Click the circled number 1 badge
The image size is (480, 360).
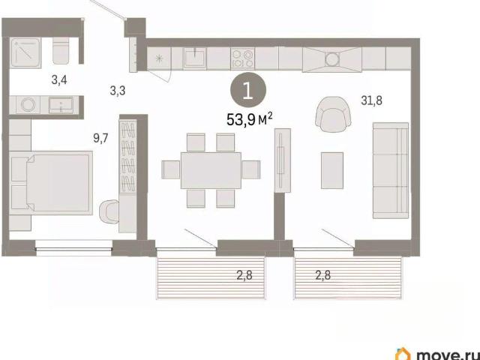(x=248, y=91)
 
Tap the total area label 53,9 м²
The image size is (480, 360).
(x=250, y=119)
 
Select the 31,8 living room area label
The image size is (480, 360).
(x=371, y=100)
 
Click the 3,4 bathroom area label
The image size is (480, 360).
(x=59, y=80)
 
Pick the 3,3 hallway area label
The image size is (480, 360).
(x=118, y=91)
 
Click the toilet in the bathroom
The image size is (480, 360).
(x=61, y=50)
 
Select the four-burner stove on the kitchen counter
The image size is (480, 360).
(x=243, y=58)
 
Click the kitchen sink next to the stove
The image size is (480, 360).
(x=195, y=58)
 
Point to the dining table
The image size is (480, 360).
(x=211, y=170)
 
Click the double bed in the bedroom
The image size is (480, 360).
(x=52, y=183)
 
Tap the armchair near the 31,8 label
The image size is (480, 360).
(x=333, y=112)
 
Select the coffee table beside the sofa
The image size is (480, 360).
(x=332, y=170)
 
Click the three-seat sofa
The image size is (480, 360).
(x=391, y=170)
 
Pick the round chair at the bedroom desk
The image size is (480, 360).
(x=109, y=210)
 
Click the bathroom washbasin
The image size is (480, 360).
(x=61, y=105)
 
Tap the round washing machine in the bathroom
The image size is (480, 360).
(x=28, y=105)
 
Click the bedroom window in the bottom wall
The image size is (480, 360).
(x=73, y=248)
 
